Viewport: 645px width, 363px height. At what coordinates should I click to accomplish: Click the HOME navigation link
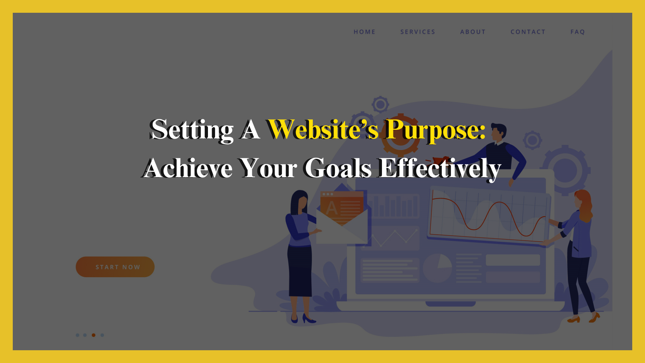pyautogui.click(x=364, y=32)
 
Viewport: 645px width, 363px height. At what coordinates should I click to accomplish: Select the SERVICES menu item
pyautogui.click(x=418, y=32)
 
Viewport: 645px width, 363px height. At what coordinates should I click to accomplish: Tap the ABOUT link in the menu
pyautogui.click(x=473, y=32)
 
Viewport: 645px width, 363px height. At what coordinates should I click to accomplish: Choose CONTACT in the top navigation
pyautogui.click(x=528, y=32)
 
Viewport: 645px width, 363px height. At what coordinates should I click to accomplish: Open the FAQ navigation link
pyautogui.click(x=577, y=32)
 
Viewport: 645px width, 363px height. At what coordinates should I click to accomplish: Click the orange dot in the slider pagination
pyautogui.click(x=93, y=335)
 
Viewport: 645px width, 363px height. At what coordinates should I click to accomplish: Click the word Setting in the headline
pyautogui.click(x=192, y=130)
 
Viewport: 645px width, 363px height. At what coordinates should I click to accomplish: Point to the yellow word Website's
pyautogui.click(x=323, y=130)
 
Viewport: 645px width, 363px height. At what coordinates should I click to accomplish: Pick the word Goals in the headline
pyautogui.click(x=338, y=168)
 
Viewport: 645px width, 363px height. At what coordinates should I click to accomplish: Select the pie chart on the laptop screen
pyautogui.click(x=437, y=268)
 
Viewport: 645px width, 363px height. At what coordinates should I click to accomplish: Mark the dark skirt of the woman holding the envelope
pyautogui.click(x=300, y=271)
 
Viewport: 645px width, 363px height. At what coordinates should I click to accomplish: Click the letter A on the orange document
pyautogui.click(x=331, y=208)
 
